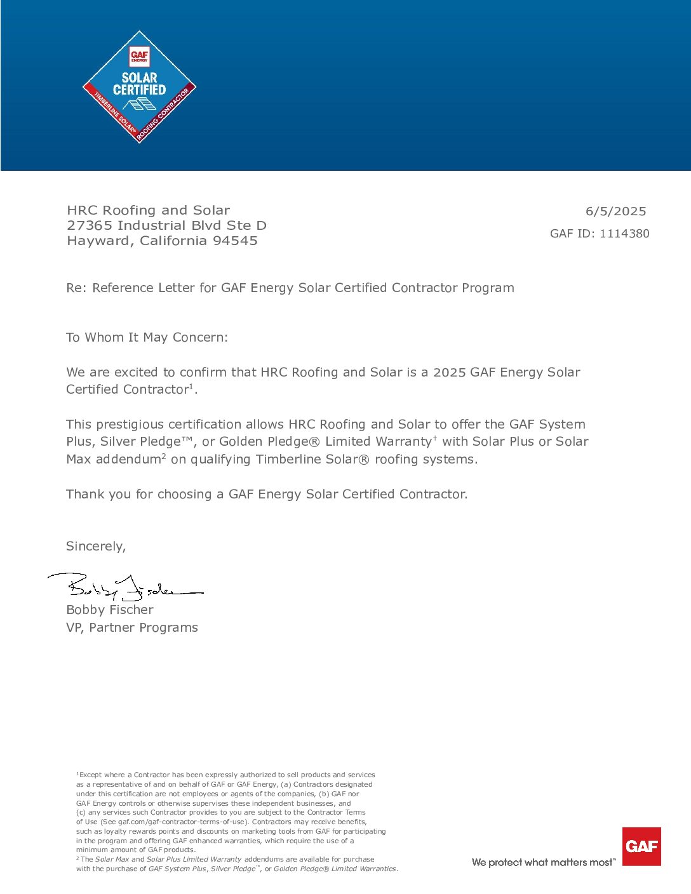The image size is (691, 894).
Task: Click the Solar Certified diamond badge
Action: [139, 87]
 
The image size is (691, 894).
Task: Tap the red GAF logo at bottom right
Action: [641, 846]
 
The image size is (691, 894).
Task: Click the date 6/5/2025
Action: [615, 211]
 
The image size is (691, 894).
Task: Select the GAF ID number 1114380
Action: [624, 234]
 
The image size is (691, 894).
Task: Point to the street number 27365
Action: [90, 225]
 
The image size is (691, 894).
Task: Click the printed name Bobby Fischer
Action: [110, 610]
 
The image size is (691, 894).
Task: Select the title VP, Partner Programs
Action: [132, 627]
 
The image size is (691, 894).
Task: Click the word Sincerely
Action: [96, 546]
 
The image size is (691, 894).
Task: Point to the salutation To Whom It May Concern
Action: [147, 337]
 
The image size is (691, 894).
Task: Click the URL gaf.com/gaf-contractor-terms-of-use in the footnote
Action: [182, 822]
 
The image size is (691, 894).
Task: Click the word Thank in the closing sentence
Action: [84, 494]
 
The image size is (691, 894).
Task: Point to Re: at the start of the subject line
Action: [76, 288]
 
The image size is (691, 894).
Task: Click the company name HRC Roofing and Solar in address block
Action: [148, 210]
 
